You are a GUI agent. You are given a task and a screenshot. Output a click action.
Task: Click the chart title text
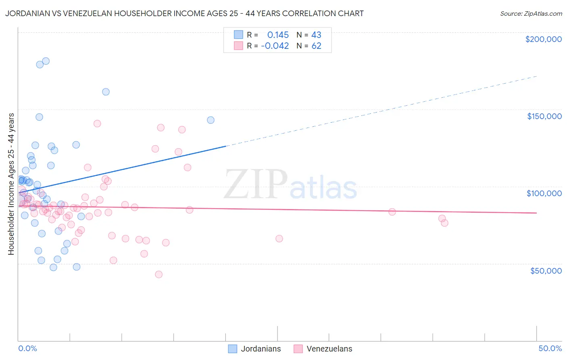(184, 13)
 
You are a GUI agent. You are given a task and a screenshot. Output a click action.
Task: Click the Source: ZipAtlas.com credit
(531, 14)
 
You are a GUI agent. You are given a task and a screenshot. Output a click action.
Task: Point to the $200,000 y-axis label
(543, 39)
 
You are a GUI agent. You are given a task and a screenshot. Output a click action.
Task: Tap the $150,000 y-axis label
(544, 116)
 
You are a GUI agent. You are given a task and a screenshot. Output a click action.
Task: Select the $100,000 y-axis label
(544, 193)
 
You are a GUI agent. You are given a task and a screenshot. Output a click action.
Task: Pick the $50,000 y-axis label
(546, 270)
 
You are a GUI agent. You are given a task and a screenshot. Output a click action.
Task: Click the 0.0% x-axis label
(27, 348)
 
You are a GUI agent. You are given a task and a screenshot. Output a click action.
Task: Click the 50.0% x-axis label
(550, 348)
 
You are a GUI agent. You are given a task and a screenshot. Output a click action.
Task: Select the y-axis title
(11, 184)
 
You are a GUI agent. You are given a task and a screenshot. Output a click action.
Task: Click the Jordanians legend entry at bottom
(254, 349)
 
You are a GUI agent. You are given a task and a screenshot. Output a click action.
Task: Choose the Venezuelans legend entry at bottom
(323, 349)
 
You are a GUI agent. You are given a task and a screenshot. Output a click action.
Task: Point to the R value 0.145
(278, 35)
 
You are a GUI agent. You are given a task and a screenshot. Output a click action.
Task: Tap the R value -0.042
(275, 46)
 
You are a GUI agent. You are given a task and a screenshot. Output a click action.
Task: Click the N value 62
(316, 46)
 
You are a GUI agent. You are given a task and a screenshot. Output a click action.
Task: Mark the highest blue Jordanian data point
(46, 61)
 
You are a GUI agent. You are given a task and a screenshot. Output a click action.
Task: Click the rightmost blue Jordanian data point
(211, 120)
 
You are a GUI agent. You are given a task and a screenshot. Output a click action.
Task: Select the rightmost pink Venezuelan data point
(444, 223)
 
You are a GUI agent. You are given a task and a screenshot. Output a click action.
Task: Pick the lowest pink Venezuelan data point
(159, 274)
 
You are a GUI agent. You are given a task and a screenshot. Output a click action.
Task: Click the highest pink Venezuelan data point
(97, 123)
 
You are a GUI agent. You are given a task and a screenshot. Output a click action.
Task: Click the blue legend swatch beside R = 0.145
(238, 35)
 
